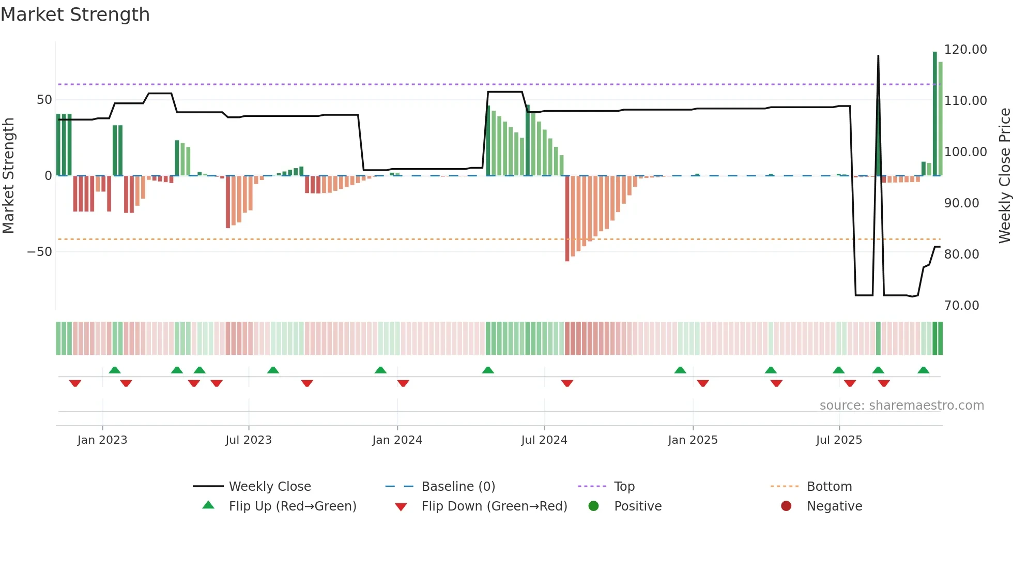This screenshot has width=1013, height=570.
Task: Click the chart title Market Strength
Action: point(75,14)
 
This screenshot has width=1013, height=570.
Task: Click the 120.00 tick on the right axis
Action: point(965,50)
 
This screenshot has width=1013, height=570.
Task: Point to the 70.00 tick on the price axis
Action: point(961,306)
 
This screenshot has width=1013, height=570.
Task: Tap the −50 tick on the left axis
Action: point(40,252)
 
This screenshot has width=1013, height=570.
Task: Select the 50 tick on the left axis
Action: point(44,100)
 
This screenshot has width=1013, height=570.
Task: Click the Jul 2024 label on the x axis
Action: point(544,440)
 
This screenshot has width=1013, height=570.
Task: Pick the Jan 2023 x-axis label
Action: point(102,440)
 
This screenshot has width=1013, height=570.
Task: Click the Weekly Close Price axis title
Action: point(1004,176)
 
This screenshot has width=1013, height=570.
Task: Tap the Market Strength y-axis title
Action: point(9,176)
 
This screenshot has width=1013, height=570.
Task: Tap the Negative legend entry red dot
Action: point(786,506)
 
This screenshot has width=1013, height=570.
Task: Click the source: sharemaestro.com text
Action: point(901,406)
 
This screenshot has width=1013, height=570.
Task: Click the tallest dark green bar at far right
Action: point(934,114)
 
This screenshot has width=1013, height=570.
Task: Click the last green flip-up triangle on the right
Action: point(924,370)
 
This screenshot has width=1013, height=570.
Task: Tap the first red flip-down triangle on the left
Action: point(75,383)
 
